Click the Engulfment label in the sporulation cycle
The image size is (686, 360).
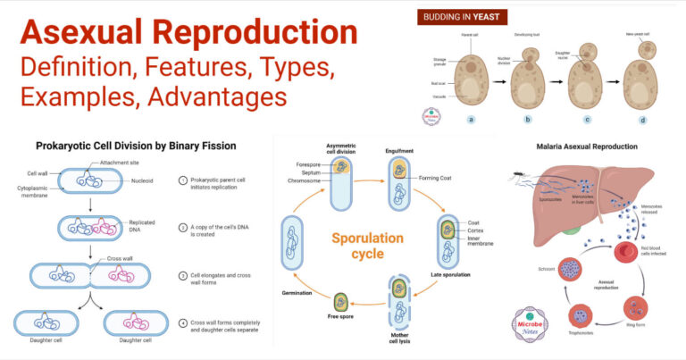pos(400,153)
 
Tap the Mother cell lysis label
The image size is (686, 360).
pos(399,343)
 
